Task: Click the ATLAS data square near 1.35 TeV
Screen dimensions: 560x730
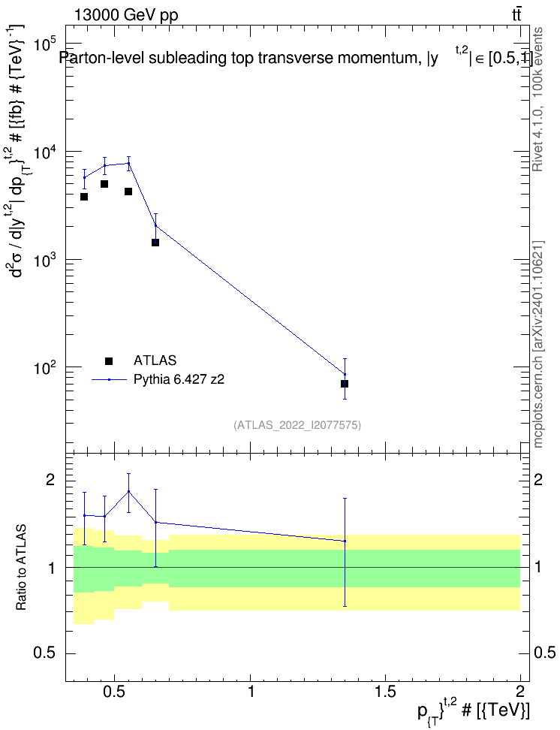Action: point(345,384)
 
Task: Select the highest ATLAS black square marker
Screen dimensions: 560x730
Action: point(104,184)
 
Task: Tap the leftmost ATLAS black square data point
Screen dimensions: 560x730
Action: point(84,197)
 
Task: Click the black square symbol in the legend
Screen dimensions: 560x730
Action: point(109,360)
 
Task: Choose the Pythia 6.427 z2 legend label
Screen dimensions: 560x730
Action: point(179,379)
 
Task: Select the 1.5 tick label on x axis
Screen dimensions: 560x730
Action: point(385,691)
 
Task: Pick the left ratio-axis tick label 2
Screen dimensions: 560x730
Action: point(51,480)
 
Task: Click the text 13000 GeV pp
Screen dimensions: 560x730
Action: point(125,15)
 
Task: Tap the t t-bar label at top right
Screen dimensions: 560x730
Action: point(516,15)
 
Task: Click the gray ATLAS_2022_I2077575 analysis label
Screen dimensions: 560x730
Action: point(297,424)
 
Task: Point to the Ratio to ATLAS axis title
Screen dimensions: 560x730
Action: point(21,568)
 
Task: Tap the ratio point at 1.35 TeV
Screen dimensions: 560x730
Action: point(345,541)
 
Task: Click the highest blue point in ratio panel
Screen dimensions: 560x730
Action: point(128,491)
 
